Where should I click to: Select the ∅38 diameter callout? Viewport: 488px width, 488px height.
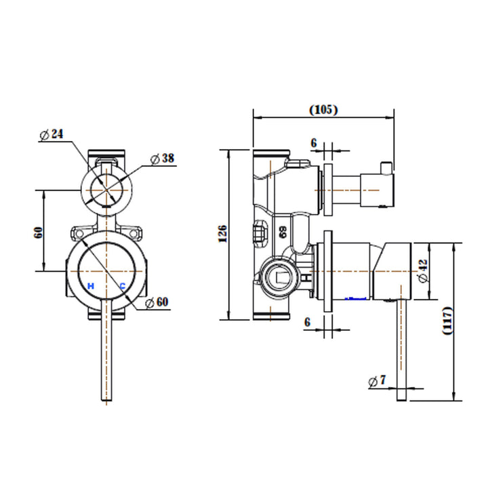tap(162, 159)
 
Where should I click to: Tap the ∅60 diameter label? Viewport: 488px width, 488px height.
tap(157, 302)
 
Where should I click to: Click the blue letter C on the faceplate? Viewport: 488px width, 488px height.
tap(122, 286)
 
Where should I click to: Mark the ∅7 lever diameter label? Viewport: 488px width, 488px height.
tap(378, 382)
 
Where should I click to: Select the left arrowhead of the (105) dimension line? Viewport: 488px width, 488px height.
tap(255, 116)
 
